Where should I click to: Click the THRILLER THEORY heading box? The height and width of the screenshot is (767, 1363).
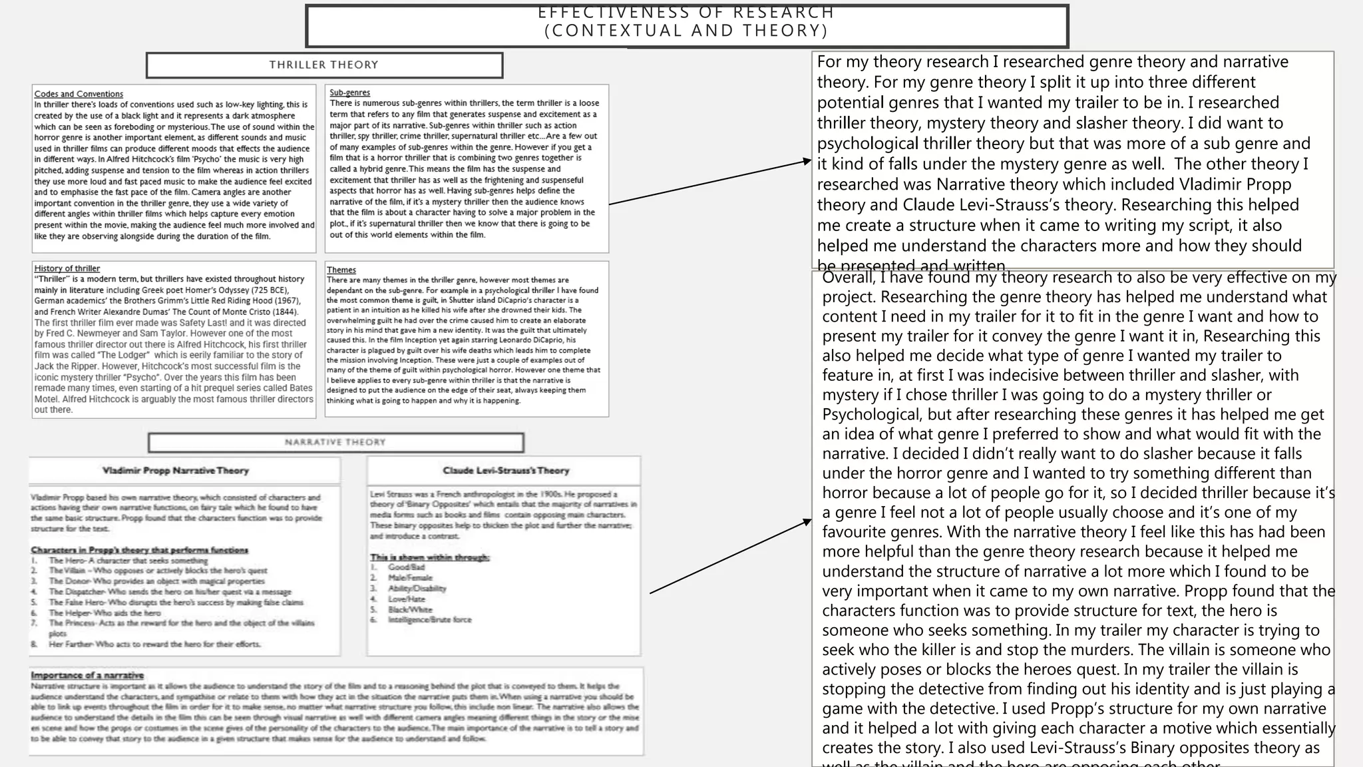[324, 65]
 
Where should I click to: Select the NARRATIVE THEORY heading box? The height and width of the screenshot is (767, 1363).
[335, 442]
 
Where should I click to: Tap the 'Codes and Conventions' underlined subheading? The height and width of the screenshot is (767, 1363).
[79, 94]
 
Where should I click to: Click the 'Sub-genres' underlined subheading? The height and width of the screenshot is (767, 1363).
[349, 93]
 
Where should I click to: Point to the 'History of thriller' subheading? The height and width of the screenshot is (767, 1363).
[67, 268]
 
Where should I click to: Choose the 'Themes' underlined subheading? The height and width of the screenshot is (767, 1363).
[341, 270]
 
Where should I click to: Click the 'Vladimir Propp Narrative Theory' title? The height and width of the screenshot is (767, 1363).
[176, 471]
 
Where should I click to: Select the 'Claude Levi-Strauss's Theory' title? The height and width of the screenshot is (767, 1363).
[506, 471]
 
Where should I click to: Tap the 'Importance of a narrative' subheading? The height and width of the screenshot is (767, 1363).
[87, 675]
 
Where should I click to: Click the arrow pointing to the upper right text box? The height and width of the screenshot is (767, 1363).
[709, 182]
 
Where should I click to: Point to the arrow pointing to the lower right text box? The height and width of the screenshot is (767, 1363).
[731, 557]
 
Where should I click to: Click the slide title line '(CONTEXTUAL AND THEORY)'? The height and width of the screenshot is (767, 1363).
[686, 31]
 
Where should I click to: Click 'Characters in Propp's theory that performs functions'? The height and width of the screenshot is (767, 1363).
[139, 550]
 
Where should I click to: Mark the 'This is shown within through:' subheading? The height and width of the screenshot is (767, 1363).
[430, 557]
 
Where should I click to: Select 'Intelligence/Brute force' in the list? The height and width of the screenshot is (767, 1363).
[429, 620]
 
